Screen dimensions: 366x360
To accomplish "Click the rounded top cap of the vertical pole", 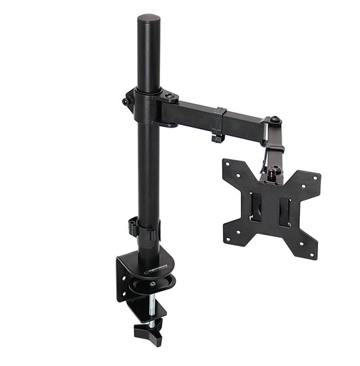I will pos(149,20).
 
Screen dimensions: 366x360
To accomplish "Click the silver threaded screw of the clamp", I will pos(151,307).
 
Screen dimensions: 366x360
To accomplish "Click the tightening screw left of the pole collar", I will pos(125,101).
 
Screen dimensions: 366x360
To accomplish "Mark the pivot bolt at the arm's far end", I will pos(274,122).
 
